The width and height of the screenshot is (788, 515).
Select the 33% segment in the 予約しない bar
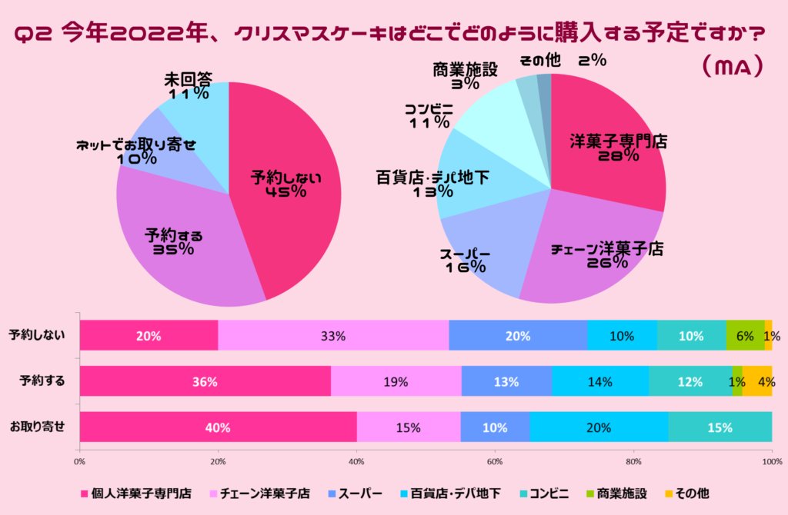pos(333,336)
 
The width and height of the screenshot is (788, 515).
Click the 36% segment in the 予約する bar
pos(205,381)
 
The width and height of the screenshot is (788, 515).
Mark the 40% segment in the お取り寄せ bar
pos(218,427)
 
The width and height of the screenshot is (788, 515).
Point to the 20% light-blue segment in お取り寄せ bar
pos(599,427)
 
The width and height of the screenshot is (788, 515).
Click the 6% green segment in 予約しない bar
pos(745,336)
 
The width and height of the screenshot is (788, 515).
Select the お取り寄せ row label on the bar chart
pos(38,426)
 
